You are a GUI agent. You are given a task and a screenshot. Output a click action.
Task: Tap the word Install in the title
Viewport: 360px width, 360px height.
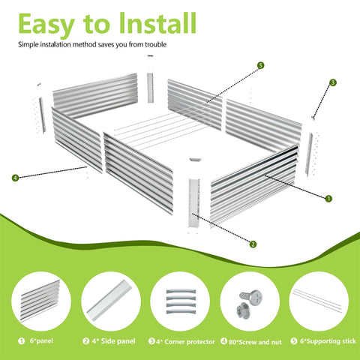coord(157,23)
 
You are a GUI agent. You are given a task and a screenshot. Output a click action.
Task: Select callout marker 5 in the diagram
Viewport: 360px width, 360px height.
coord(260,65)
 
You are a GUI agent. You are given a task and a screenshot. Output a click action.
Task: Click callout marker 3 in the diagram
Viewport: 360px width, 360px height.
coord(333,82)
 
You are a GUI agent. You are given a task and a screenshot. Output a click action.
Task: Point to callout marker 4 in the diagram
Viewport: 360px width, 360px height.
coord(15,178)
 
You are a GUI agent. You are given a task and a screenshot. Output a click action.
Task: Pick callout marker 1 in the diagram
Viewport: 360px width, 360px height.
coord(328,199)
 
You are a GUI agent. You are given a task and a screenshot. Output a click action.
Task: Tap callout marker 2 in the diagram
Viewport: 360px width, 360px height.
coord(253,244)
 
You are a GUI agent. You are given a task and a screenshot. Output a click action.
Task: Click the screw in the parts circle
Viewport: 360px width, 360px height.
coord(251,297)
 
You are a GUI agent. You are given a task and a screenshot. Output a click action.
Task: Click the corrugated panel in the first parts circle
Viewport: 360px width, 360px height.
coord(40,301)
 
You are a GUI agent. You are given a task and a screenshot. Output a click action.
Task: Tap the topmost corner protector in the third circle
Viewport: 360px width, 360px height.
coord(181,292)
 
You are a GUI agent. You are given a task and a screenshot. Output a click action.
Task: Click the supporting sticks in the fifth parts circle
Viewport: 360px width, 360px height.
coord(317,300)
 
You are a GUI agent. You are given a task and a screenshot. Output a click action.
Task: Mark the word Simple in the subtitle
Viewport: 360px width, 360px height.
coord(28,45)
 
